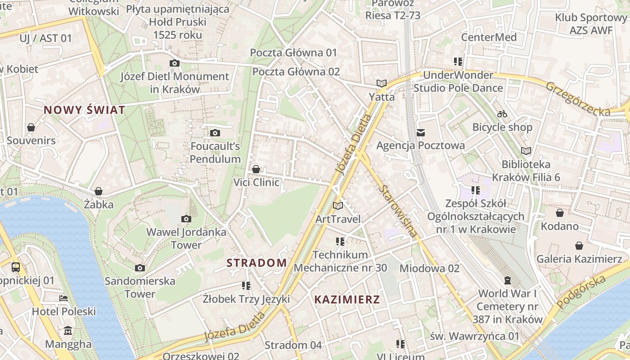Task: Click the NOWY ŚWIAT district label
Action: pos(84,110)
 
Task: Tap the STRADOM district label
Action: pos(256,263)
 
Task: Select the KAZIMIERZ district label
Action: pos(347,300)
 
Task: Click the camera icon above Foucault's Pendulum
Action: pos(215,133)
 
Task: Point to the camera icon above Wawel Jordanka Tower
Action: pos(186,219)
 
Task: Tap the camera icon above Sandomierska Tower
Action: pos(140,268)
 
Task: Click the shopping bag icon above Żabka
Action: pos(99,191)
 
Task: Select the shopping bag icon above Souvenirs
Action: pos(31,127)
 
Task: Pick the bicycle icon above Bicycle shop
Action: pos(502,114)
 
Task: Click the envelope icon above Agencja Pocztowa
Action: pos(421,132)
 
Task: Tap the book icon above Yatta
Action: pos(382,83)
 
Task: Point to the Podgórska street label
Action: pos(581,292)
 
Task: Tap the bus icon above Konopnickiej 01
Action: pos(16,267)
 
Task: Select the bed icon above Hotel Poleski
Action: pos(63,298)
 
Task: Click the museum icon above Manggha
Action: pos(68,331)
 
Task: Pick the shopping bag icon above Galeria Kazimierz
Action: pos(579,246)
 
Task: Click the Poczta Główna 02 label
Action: pos(296,72)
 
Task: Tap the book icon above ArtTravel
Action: pos(338,206)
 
